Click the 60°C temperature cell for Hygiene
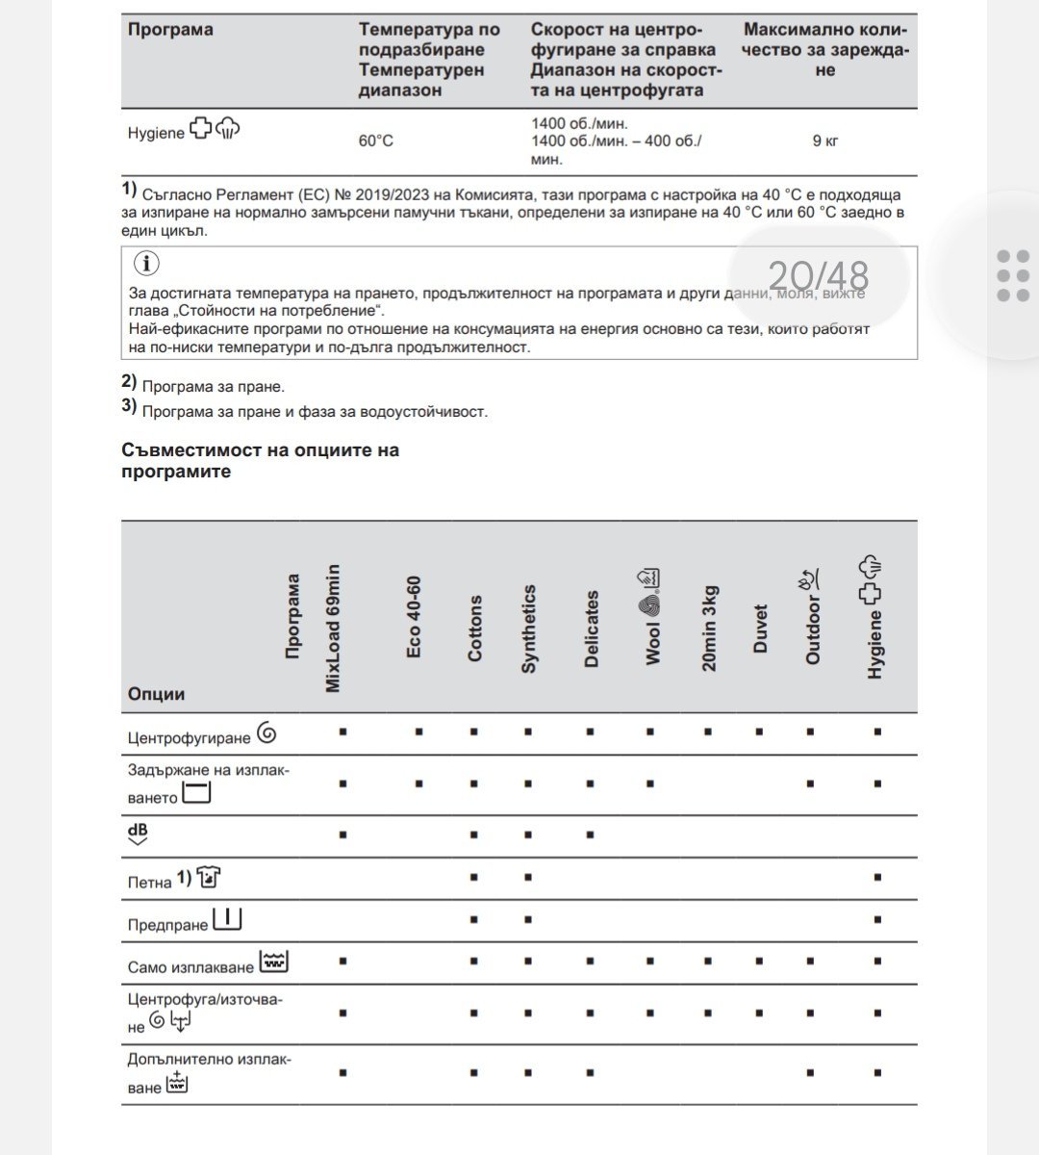click(x=376, y=141)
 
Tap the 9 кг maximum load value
click(x=824, y=141)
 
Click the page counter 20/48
click(x=818, y=277)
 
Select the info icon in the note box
click(x=145, y=264)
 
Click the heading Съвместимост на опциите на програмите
click(x=261, y=460)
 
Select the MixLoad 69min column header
click(x=333, y=629)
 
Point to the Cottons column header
click(x=474, y=628)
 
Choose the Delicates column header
click(x=591, y=629)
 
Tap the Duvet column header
click(x=760, y=629)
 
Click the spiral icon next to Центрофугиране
click(x=266, y=734)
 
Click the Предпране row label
click(x=168, y=924)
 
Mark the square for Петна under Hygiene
click(x=877, y=877)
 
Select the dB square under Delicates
click(x=590, y=834)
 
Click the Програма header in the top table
click(x=170, y=30)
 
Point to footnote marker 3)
click(x=129, y=406)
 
